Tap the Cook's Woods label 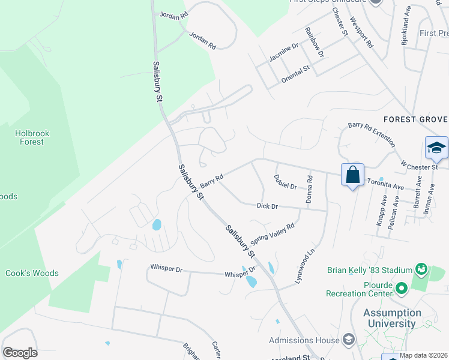click(x=32, y=273)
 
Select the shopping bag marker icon click(x=352, y=175)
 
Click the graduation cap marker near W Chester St click(x=436, y=148)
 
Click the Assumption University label click(x=392, y=318)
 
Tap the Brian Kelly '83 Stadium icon click(x=421, y=270)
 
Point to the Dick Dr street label click(x=267, y=206)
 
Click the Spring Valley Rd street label click(x=273, y=234)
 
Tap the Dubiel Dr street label click(x=286, y=182)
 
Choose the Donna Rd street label click(x=310, y=188)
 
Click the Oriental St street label click(x=295, y=73)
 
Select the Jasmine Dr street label click(x=283, y=52)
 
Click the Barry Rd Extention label click(x=372, y=134)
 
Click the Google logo click(x=20, y=353)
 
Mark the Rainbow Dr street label click(x=314, y=42)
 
